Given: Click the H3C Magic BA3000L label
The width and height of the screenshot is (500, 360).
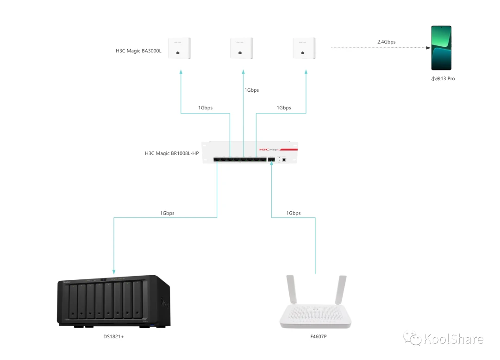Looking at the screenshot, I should click(138, 51).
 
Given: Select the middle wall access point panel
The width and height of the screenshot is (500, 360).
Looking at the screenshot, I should click(242, 48).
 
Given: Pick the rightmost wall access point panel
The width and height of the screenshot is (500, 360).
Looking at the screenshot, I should click(304, 48).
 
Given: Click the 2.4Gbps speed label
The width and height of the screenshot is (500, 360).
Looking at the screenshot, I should click(386, 42).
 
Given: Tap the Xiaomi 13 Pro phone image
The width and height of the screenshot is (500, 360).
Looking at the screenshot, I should click(441, 48).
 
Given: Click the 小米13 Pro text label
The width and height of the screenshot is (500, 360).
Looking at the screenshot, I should click(443, 79).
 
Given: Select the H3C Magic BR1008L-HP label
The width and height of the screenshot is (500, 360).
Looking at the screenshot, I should click(171, 153).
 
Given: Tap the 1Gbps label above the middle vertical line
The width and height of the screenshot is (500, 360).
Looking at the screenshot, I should click(251, 90).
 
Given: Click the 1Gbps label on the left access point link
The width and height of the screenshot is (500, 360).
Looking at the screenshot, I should click(205, 107).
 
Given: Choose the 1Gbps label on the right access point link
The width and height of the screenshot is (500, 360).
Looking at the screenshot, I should click(284, 107).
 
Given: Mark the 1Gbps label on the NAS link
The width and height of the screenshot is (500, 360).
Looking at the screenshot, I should click(167, 213).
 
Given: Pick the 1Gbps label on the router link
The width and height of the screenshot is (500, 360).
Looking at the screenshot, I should click(293, 213).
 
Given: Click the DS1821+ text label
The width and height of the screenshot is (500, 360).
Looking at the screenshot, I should click(113, 336).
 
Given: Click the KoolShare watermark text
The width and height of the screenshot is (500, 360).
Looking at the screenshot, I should click(453, 339).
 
